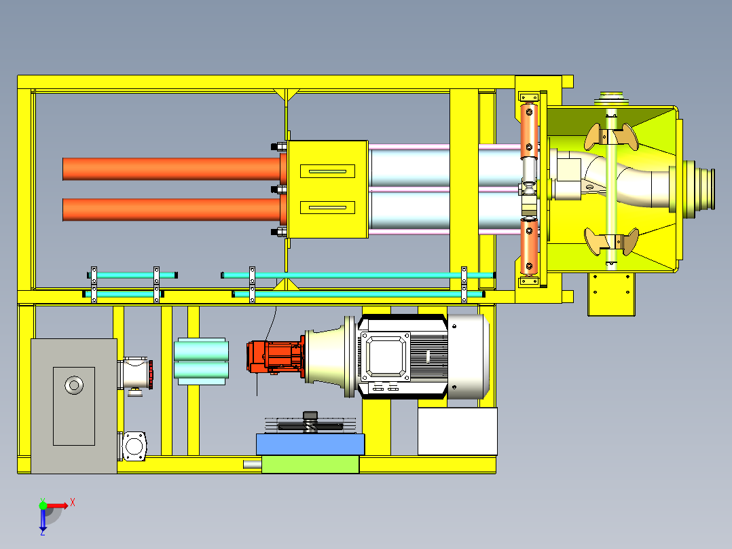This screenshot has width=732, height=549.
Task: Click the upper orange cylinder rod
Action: [x=172, y=169]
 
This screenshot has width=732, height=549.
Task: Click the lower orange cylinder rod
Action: [x=172, y=210]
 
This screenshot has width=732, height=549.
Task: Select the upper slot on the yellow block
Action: [x=327, y=171]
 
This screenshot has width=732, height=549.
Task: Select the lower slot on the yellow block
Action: [x=327, y=207]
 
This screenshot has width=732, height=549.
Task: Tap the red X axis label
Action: [x=73, y=503]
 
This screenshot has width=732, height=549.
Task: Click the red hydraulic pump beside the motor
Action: [x=276, y=357]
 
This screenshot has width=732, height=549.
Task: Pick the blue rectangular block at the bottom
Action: [x=310, y=444]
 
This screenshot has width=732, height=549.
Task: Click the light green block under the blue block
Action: [x=310, y=465]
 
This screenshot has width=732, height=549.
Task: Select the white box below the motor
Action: [x=458, y=431]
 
